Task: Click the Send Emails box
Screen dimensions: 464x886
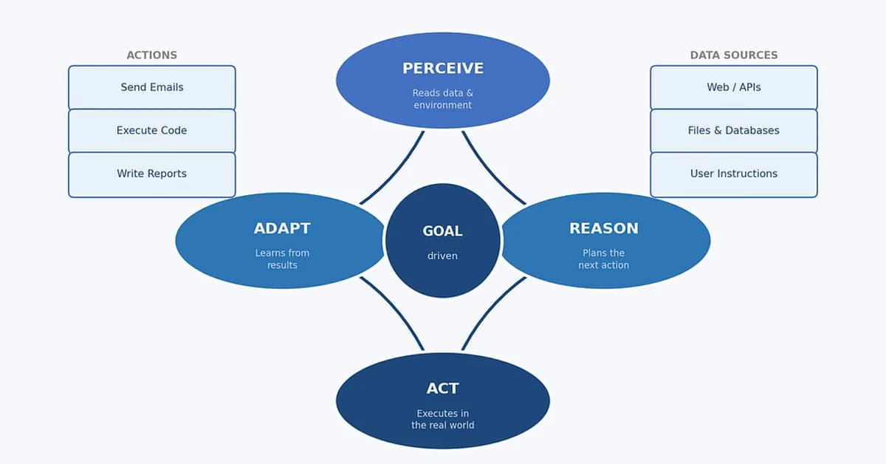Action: click(151, 87)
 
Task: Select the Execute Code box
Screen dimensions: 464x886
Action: click(151, 131)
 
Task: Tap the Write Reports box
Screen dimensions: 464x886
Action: click(151, 174)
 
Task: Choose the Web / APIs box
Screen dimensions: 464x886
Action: click(733, 87)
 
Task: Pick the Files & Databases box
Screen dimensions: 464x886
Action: click(733, 131)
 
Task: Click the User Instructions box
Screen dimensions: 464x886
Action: click(733, 174)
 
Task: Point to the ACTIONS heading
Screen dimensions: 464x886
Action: click(151, 55)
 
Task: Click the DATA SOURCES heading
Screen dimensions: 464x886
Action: click(733, 55)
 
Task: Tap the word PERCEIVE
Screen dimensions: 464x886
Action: click(443, 69)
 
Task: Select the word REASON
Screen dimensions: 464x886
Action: click(603, 229)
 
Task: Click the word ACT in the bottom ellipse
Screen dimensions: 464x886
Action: click(443, 389)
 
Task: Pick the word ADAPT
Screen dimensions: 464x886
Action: click(282, 229)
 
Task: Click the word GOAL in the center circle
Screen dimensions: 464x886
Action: click(442, 231)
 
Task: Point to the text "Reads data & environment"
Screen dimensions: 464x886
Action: click(443, 99)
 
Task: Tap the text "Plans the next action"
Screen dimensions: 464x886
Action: click(603, 259)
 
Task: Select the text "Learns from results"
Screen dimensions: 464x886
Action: click(282, 259)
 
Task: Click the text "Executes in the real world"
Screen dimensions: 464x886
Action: click(443, 419)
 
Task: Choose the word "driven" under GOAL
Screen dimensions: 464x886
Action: click(442, 256)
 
